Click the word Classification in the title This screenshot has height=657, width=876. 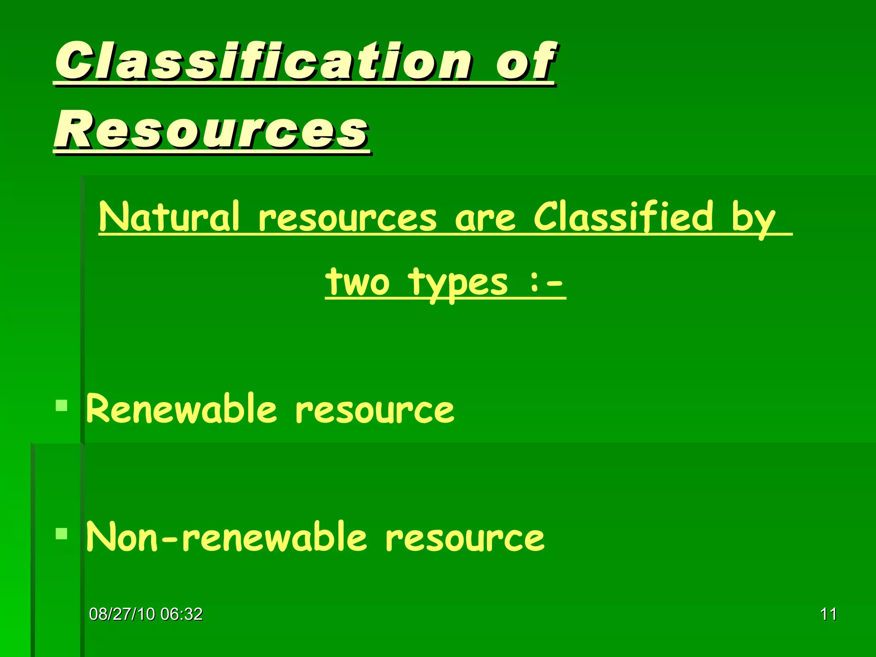[x=263, y=62]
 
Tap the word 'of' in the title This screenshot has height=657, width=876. [x=526, y=62]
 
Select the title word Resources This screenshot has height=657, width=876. [x=212, y=130]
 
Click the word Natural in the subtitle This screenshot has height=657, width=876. [x=169, y=217]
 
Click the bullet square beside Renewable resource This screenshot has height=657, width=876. [x=62, y=405]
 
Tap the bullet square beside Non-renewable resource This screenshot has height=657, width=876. [x=62, y=534]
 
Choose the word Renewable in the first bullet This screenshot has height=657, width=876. [x=182, y=409]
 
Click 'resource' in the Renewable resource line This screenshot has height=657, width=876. [x=375, y=411]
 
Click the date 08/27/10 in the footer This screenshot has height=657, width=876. [x=122, y=614]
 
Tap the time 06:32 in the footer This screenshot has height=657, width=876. [x=181, y=614]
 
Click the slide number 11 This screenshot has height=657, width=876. [x=828, y=614]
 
